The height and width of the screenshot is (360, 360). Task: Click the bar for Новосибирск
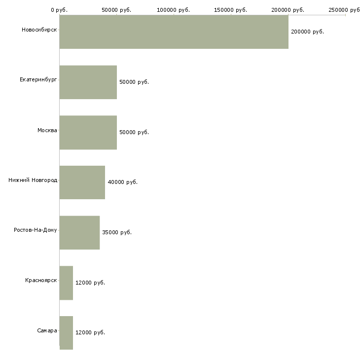point(174,32)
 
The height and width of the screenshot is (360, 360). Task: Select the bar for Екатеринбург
point(88,82)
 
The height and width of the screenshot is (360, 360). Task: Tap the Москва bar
point(88,132)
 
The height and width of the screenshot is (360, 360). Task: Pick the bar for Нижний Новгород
point(82,182)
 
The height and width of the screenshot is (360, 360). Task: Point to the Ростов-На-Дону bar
point(79,232)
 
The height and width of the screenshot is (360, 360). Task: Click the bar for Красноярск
point(66,283)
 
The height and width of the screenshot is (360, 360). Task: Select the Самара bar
point(66,332)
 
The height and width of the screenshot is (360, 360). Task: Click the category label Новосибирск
point(39,30)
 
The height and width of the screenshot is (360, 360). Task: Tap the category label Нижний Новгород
point(33,180)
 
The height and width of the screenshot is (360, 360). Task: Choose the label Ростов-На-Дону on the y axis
point(36,230)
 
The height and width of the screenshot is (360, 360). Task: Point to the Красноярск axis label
point(41,280)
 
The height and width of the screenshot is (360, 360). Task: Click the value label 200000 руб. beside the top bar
point(307,32)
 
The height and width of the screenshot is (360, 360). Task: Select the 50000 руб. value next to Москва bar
point(134,132)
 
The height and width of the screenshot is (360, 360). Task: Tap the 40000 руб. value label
point(122,182)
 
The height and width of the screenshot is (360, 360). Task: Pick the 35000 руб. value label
point(117,232)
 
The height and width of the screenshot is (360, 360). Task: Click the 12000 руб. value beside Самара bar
point(90,332)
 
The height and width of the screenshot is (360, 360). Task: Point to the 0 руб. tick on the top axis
point(59,9)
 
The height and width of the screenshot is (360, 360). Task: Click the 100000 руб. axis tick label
point(173,9)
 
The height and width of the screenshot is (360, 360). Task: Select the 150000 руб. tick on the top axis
point(230,9)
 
